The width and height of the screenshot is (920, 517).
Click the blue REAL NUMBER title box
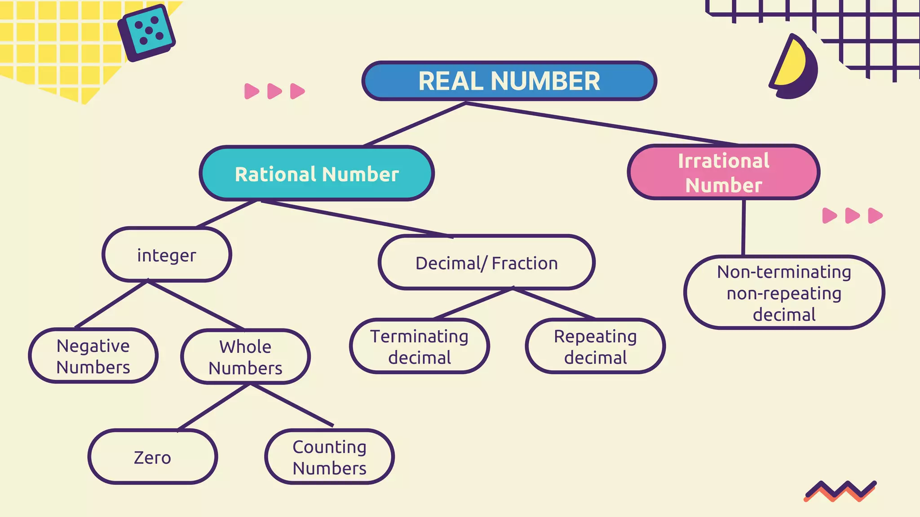pyautogui.click(x=509, y=81)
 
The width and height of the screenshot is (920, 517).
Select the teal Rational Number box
pyautogui.click(x=317, y=174)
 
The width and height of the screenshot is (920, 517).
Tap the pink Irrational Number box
pyautogui.click(x=723, y=173)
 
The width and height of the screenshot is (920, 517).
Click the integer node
pyautogui.click(x=167, y=255)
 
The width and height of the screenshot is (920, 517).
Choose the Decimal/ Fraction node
pyautogui.click(x=487, y=263)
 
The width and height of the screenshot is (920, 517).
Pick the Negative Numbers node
pyautogui.click(x=93, y=356)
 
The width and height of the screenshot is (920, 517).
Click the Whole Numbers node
pyautogui.click(x=245, y=357)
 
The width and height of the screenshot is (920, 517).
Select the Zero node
pyautogui.click(x=152, y=457)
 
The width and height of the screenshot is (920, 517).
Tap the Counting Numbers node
pyautogui.click(x=329, y=457)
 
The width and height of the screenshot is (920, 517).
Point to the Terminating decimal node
pyautogui.click(x=419, y=346)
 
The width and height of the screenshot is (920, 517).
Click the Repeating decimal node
pyautogui.click(x=595, y=346)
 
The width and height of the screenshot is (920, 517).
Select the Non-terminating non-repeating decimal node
pyautogui.click(x=784, y=293)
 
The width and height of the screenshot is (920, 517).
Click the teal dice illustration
pyautogui.click(x=146, y=32)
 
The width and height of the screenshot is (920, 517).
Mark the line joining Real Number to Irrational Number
pyautogui.click(x=602, y=124)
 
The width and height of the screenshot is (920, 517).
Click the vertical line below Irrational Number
pyautogui.click(x=743, y=228)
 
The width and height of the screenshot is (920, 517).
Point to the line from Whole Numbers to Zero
pyautogui.click(x=214, y=407)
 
